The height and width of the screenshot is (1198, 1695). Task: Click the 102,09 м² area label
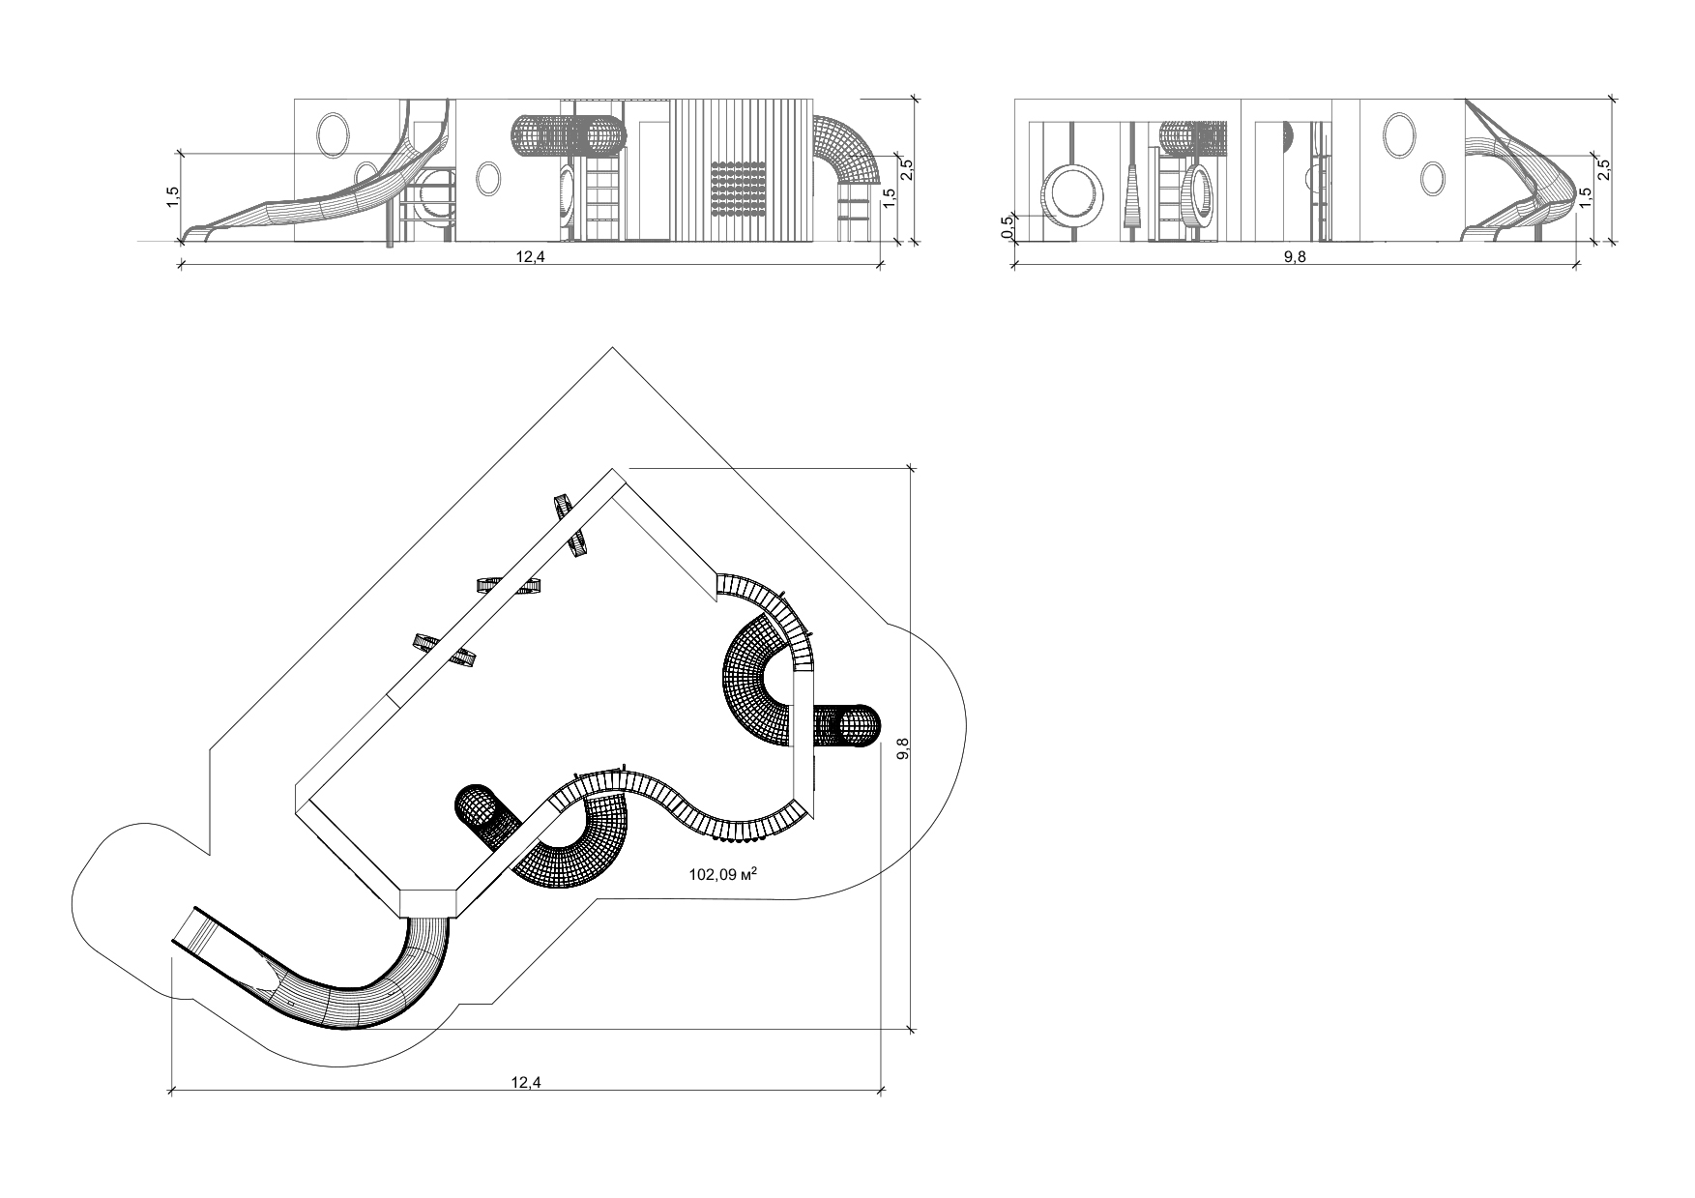click(x=722, y=874)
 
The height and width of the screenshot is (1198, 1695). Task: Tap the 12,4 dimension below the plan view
click(x=526, y=1082)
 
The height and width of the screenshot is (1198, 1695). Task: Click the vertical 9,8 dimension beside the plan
click(x=903, y=749)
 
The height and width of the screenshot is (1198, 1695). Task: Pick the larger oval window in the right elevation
click(x=1398, y=133)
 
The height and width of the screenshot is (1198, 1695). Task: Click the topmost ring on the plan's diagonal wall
click(x=572, y=526)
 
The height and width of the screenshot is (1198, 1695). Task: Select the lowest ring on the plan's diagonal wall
click(x=446, y=650)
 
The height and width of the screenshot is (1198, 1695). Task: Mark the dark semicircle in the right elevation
click(x=1289, y=136)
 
